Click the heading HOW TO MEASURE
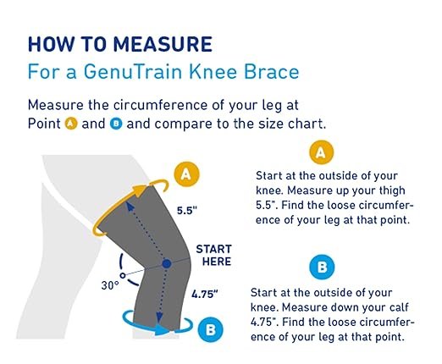120,44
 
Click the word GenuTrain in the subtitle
133,72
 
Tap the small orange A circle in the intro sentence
71,124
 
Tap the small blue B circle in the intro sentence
116,124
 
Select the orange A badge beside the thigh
186,174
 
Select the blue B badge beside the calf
211,329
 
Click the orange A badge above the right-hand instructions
321,152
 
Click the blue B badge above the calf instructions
322,267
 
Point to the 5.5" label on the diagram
187,211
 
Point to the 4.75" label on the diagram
205,295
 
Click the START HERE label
214,256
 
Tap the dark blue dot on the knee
167,264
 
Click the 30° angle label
110,285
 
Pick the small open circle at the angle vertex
123,275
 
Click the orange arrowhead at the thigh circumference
141,191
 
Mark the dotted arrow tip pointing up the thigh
129,206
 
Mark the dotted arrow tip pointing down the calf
159,318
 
